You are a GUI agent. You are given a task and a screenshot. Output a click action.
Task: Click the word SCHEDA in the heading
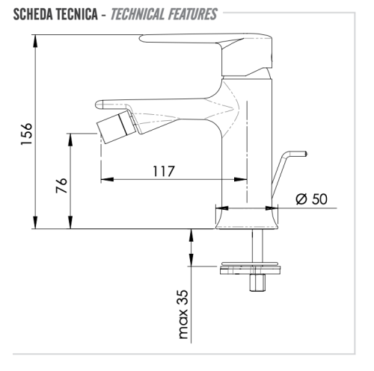point(30,14)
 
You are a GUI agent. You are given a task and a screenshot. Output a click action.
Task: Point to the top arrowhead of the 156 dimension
point(35,38)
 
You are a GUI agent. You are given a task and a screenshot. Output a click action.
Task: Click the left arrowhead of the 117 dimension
point(105,179)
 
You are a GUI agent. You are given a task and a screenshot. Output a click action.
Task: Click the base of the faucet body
point(248,219)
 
